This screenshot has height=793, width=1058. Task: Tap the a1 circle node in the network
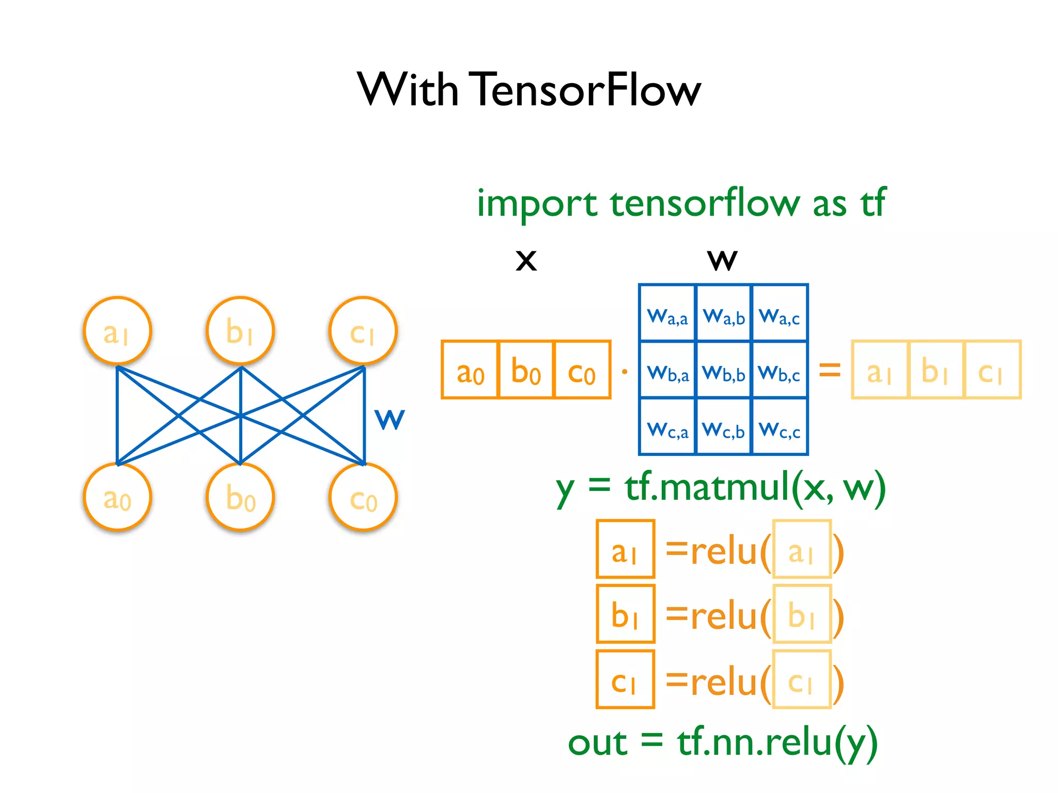(x=117, y=330)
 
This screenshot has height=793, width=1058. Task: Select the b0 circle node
(x=240, y=497)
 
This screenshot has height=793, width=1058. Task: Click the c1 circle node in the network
(x=363, y=330)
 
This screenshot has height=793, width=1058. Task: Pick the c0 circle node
(x=363, y=497)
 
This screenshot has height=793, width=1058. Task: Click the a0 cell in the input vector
(x=470, y=370)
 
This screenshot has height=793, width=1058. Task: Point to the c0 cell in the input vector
(x=582, y=370)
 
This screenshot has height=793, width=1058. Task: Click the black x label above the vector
(x=526, y=260)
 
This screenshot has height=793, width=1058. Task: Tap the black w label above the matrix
(x=722, y=260)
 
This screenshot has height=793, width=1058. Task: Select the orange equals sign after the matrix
(x=830, y=370)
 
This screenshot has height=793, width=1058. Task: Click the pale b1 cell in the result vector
(x=936, y=370)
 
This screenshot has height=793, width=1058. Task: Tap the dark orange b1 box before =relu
(x=625, y=614)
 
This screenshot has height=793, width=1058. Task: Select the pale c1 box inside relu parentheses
(x=802, y=679)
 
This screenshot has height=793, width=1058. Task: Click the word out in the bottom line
(x=597, y=743)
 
